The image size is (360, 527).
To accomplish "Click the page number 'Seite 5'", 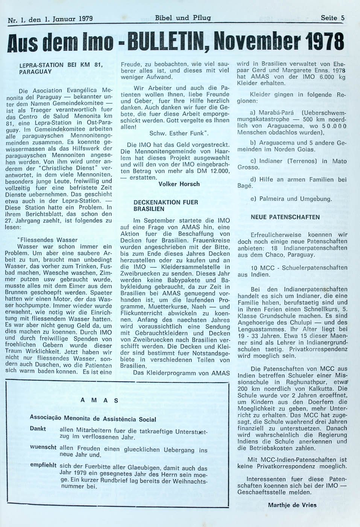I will coord(333,18).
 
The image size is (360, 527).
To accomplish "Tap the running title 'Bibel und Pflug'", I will coord(183,18).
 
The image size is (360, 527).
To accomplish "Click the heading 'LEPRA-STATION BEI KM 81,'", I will coord(61,65).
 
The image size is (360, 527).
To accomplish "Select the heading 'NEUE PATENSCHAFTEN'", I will coord(285,217).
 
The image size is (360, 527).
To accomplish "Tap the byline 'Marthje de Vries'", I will coord(292,505).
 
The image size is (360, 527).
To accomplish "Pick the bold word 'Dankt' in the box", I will coord(38,429).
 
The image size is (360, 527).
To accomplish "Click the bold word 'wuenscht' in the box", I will coord(43,447).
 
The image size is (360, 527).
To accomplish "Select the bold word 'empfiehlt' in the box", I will coord(43,465).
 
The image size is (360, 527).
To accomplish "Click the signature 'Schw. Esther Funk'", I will coord(179,133).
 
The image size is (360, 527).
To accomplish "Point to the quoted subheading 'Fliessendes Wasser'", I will coord(48,240).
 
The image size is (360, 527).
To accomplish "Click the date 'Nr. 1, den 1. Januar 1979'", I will coord(50,19).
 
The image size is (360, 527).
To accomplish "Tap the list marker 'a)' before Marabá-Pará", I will coord(253,113).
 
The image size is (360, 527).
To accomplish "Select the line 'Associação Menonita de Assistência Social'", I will coord(93,419).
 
